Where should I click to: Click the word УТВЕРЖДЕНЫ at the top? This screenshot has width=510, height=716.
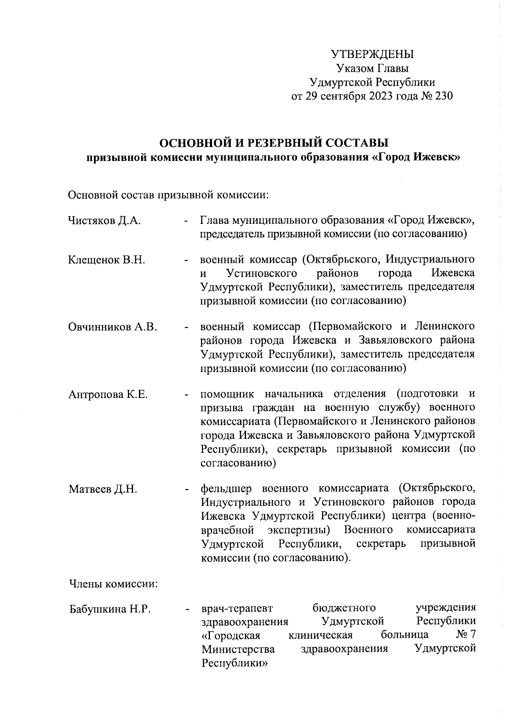point(372,54)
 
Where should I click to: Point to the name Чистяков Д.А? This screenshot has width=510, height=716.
point(105,220)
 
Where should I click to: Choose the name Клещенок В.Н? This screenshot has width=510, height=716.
point(107,259)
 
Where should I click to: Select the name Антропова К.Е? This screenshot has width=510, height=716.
point(108,394)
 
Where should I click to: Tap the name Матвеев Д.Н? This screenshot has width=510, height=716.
point(103,489)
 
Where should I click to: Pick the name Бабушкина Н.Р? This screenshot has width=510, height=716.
point(110,609)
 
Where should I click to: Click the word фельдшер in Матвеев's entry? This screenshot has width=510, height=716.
point(226,489)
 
